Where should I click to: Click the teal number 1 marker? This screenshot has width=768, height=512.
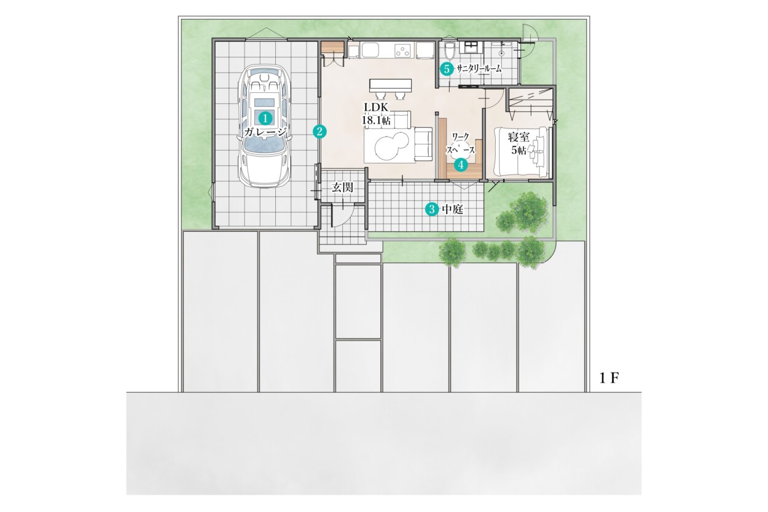[x=265, y=119]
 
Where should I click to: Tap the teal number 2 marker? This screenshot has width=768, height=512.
[x=319, y=132]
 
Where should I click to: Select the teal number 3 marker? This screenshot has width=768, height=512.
[x=432, y=209]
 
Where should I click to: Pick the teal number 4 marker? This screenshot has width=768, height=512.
[x=461, y=165]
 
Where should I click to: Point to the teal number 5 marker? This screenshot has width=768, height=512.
[x=447, y=69]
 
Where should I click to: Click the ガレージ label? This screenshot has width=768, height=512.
[x=265, y=132]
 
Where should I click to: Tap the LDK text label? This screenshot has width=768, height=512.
[x=376, y=108]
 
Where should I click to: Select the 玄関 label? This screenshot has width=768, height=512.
[x=342, y=187]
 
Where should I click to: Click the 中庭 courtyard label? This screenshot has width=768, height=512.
[x=453, y=209]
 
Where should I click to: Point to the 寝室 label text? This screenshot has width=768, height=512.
[x=519, y=138]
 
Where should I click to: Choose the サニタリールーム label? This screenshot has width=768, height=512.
[x=479, y=69]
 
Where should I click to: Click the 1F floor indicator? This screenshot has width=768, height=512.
[x=609, y=378]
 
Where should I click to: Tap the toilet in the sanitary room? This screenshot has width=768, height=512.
[x=449, y=51]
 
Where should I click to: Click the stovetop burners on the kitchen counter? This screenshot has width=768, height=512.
[x=404, y=50]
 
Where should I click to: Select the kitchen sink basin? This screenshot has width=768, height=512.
[x=370, y=50]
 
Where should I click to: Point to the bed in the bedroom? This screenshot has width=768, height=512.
[x=521, y=152]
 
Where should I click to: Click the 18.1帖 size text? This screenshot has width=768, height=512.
[x=376, y=120]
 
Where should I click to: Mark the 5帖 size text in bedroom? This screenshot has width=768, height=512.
[x=519, y=150]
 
